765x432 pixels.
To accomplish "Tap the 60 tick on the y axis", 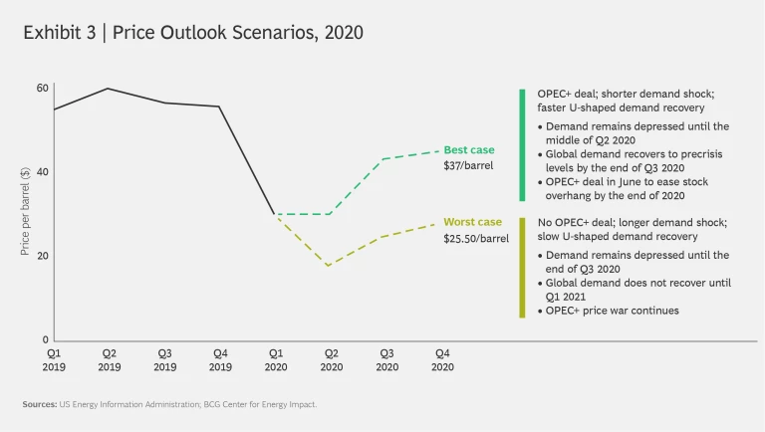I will pyautogui.click(x=42, y=89).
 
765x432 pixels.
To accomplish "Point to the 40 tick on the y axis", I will pyautogui.click(x=42, y=172).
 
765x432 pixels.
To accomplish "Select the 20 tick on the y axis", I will pyautogui.click(x=42, y=256).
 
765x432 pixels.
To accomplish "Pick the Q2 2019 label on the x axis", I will pyautogui.click(x=109, y=359).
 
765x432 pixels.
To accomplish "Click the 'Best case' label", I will pyautogui.click(x=468, y=150).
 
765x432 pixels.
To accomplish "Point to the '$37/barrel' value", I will pyautogui.click(x=468, y=166).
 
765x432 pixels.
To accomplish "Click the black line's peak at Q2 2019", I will pyautogui.click(x=109, y=89).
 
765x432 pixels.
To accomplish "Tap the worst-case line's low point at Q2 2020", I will pyautogui.click(x=329, y=266).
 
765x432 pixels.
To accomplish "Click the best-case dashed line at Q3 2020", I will pyautogui.click(x=384, y=159).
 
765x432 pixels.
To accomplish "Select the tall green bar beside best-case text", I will pyautogui.click(x=521, y=144).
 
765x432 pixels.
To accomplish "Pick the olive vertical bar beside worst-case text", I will pyautogui.click(x=521, y=268).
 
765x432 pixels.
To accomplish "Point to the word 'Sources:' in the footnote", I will pyautogui.click(x=40, y=404).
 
